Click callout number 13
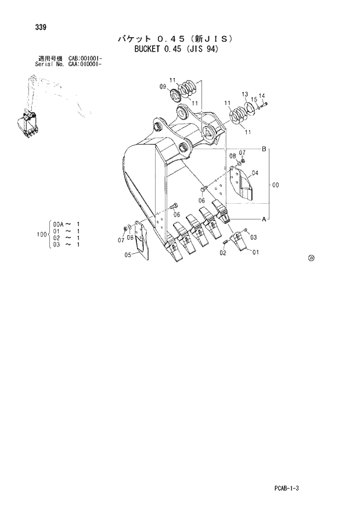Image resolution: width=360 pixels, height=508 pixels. coord(245,93)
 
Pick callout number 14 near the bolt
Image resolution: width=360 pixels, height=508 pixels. coord(261,96)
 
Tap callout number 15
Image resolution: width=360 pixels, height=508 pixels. coord(254,99)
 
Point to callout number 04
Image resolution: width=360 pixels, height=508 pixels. coord(255,172)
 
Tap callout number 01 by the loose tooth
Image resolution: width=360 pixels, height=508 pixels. coord(255,251)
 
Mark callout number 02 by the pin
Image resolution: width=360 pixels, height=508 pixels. coord(222,253)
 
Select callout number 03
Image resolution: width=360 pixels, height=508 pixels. coord(253,237)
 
